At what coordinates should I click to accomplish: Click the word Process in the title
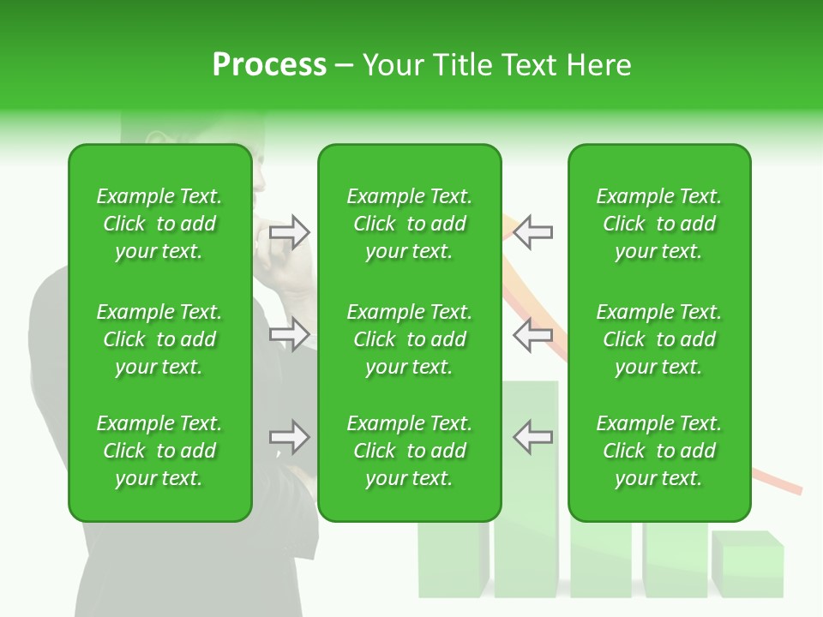pyautogui.click(x=269, y=65)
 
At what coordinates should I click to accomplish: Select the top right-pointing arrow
pyautogui.click(x=290, y=232)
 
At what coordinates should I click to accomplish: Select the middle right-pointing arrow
pyautogui.click(x=290, y=334)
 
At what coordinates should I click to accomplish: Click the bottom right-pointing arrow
pyautogui.click(x=290, y=438)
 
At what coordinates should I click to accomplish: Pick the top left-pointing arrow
pyautogui.click(x=532, y=232)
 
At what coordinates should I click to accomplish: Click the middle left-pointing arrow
pyautogui.click(x=532, y=334)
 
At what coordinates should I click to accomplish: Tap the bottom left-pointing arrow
pyautogui.click(x=532, y=438)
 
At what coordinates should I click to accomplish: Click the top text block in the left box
pyautogui.click(x=159, y=224)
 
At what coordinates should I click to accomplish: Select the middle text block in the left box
pyautogui.click(x=159, y=339)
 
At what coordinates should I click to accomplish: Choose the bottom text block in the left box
pyautogui.click(x=159, y=451)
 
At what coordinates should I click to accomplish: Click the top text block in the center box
pyautogui.click(x=409, y=224)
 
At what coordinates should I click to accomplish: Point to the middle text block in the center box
pyautogui.click(x=409, y=339)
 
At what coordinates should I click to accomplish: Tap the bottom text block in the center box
pyautogui.click(x=409, y=451)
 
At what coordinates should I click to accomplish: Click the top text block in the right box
pyautogui.click(x=658, y=224)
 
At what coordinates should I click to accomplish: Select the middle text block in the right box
pyautogui.click(x=658, y=339)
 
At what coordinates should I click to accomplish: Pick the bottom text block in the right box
pyautogui.click(x=658, y=451)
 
